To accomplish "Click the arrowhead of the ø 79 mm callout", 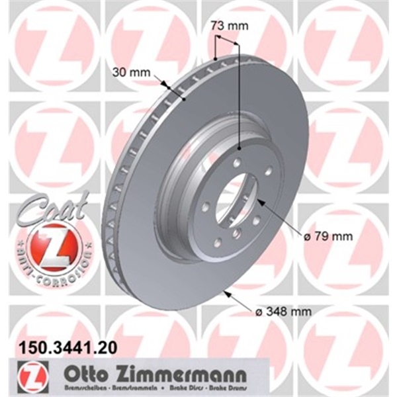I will point(259,200).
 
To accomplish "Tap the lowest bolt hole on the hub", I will point(236,234).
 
